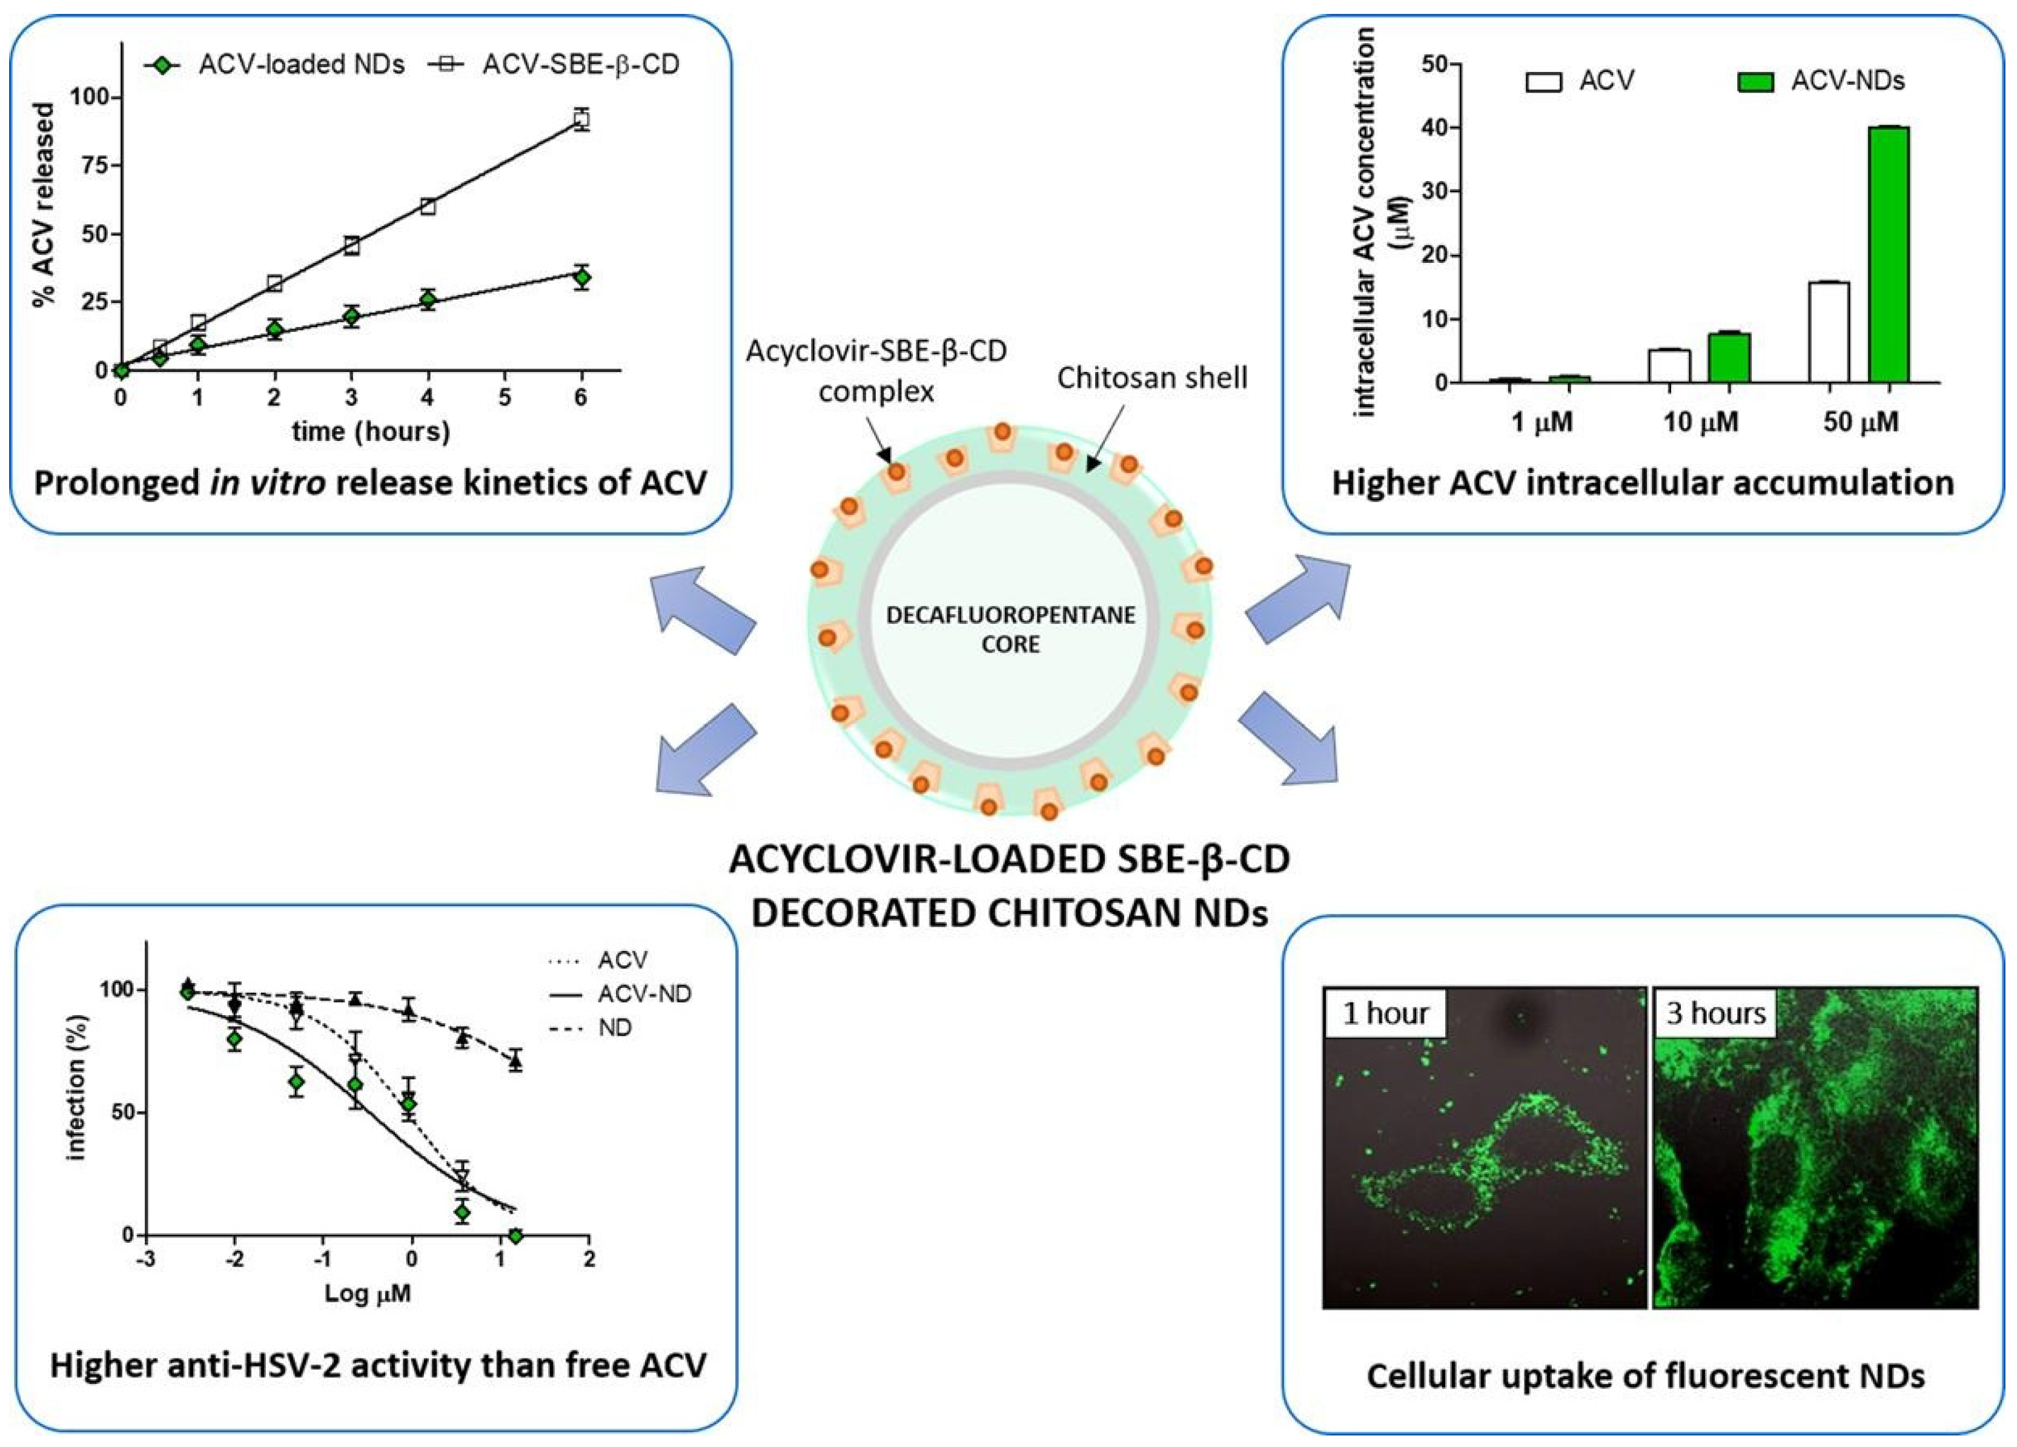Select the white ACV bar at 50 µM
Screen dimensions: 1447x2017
click(1829, 333)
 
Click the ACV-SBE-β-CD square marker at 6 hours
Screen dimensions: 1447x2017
click(581, 119)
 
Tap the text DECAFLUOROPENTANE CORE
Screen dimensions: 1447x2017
click(1010, 629)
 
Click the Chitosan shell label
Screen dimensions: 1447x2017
click(1151, 378)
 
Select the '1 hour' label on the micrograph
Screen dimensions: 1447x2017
click(1385, 1013)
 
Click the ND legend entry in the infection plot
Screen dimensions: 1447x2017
click(614, 1028)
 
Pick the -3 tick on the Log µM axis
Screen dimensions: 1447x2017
click(146, 1259)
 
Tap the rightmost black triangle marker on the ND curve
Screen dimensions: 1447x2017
click(515, 1061)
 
